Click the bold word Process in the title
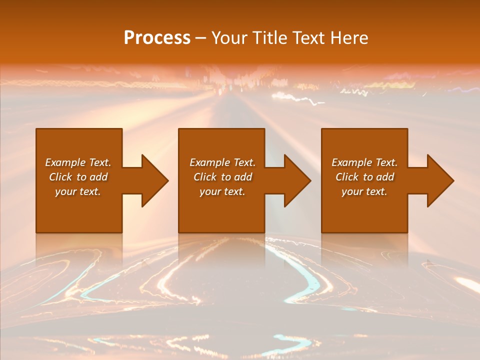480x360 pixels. coord(157,38)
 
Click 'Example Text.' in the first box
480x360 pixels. coord(78,162)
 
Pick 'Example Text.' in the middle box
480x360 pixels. coord(222,162)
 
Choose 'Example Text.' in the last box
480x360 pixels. coord(364,162)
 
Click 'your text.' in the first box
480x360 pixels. coord(78,191)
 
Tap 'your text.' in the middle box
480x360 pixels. coord(222,191)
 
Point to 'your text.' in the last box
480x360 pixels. coord(364,191)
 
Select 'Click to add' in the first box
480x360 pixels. coord(78,177)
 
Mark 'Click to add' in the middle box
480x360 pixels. coord(222,177)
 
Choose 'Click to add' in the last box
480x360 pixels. coord(364,177)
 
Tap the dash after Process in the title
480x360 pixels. coord(200,38)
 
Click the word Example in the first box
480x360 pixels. coord(65,162)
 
